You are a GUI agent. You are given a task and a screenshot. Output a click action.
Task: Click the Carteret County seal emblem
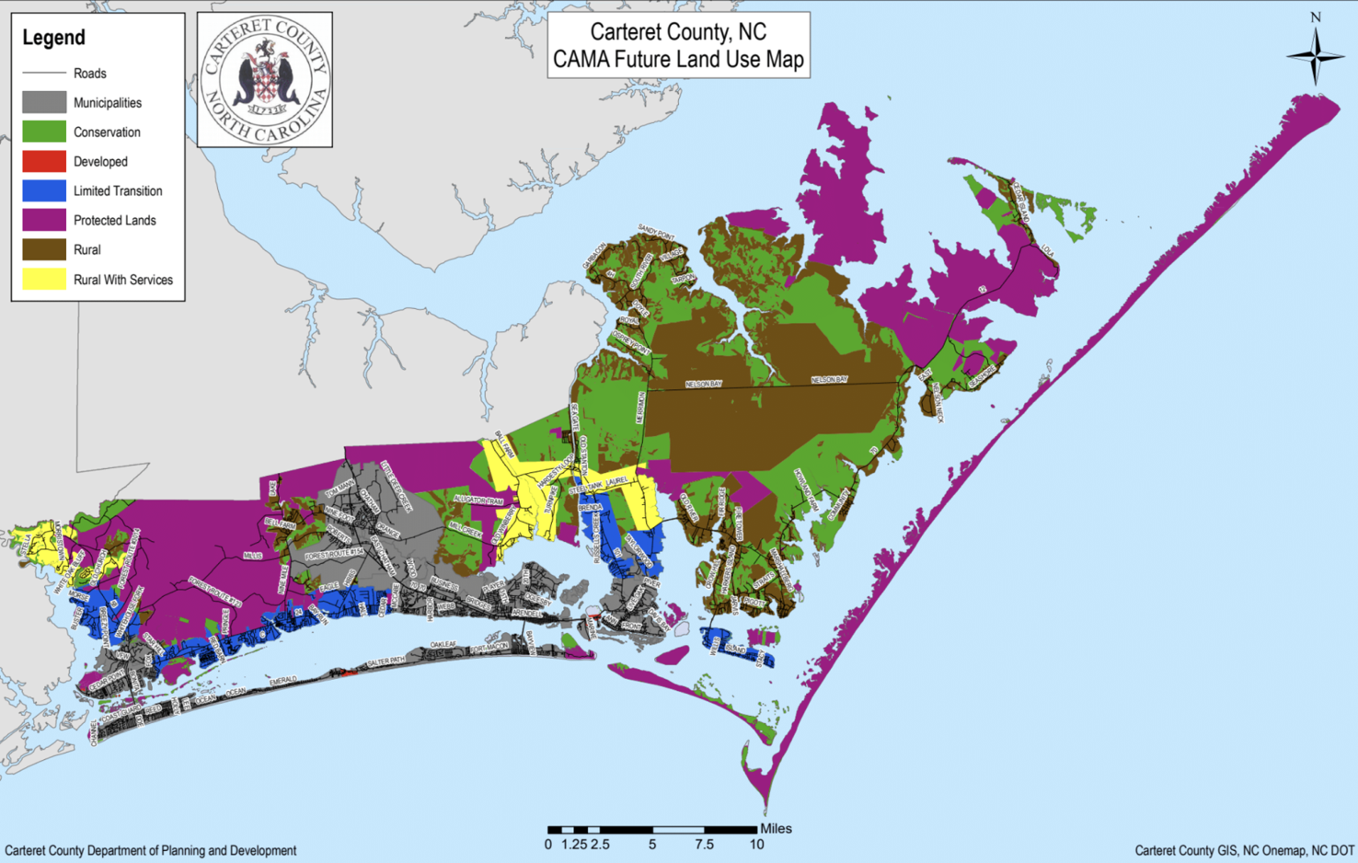265,80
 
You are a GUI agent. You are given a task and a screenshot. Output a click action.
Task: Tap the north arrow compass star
1315,56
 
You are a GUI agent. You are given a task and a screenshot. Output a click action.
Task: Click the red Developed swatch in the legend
43,161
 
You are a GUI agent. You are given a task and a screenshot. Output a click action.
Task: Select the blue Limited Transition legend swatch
43,190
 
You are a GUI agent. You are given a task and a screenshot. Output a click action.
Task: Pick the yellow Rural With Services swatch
43,280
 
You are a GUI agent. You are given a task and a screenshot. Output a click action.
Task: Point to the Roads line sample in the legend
43,73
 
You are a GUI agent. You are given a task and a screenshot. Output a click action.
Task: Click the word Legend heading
53,38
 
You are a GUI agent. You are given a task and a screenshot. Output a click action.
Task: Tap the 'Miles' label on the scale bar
776,828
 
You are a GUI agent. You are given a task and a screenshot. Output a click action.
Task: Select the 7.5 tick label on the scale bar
704,845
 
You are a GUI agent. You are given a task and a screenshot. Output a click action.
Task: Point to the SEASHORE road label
982,375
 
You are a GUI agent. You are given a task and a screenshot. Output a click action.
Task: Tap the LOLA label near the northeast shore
1048,250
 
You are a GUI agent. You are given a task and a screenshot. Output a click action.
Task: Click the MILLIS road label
252,556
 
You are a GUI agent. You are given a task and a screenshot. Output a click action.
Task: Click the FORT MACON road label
489,649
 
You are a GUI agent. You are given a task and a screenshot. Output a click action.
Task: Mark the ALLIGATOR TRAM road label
478,500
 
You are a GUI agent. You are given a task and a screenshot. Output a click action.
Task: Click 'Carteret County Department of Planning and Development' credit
151,851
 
